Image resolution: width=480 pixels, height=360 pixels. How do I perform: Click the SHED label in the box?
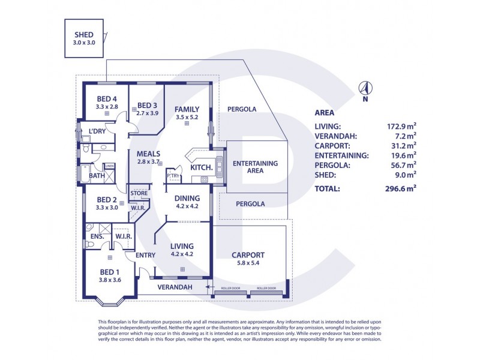click(84, 34)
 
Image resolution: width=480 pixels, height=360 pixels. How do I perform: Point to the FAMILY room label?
click(187, 109)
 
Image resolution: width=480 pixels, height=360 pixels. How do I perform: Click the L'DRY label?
click(98, 131)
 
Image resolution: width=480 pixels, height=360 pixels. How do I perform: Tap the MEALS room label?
click(148, 154)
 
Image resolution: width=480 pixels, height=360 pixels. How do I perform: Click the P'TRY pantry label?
click(173, 175)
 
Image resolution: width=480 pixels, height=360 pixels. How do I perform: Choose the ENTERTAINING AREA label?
click(255, 167)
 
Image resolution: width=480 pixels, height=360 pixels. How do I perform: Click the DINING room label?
click(187, 197)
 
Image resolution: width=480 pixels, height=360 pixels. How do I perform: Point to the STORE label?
click(139, 193)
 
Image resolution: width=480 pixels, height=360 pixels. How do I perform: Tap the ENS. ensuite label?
click(98, 236)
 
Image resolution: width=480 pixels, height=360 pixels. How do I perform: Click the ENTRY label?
click(146, 255)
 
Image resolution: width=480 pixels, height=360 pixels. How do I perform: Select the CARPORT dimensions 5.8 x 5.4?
click(248, 263)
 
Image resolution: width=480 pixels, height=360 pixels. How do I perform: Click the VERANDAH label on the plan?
click(175, 288)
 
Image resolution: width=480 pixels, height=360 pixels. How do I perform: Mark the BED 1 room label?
click(110, 271)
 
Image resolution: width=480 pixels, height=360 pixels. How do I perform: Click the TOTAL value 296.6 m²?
click(401, 188)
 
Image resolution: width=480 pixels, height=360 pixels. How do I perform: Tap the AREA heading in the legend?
click(325, 112)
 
